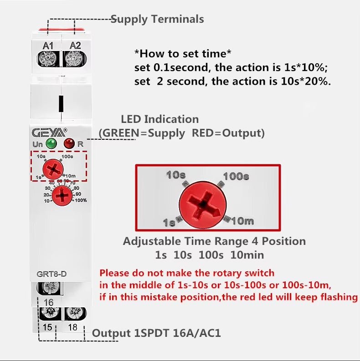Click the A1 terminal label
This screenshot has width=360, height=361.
[x=48, y=45]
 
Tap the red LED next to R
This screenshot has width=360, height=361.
[x=69, y=144]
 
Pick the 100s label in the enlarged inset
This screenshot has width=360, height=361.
[x=236, y=176]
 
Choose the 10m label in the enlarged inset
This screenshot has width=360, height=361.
[x=242, y=221]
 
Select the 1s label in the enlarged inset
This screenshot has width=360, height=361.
[x=169, y=223]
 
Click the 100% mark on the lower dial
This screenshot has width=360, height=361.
[x=80, y=200]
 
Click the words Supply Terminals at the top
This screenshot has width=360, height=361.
[x=158, y=19]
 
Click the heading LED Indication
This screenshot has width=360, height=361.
[x=159, y=119]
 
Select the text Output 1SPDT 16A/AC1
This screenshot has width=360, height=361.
[x=156, y=333]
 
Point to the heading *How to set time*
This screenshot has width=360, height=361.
[x=183, y=54]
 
